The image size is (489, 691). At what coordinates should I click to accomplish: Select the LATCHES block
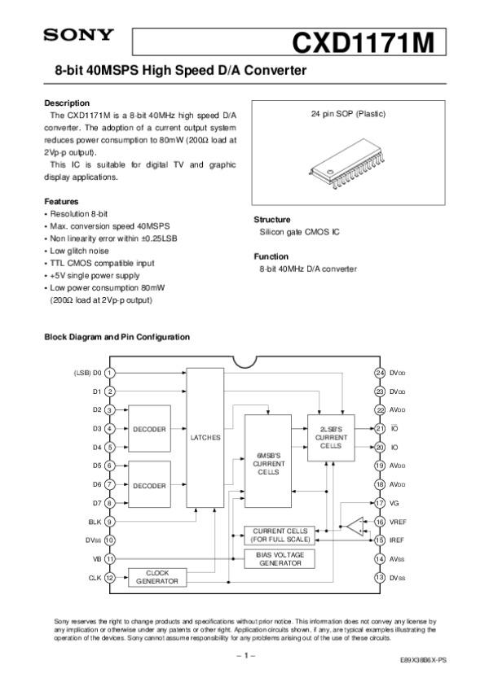(x=205, y=437)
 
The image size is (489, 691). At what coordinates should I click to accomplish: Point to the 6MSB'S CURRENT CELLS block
(x=269, y=462)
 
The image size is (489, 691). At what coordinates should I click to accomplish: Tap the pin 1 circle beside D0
(x=109, y=373)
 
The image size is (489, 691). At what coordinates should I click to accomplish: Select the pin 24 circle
(x=380, y=373)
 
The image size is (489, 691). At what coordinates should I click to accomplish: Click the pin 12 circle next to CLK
(x=109, y=578)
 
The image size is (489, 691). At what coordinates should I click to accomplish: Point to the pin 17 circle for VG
(x=380, y=503)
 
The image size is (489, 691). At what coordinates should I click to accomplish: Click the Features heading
(x=61, y=201)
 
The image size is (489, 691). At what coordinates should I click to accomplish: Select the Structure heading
(x=272, y=220)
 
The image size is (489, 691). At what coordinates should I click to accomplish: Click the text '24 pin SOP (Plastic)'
(x=350, y=114)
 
